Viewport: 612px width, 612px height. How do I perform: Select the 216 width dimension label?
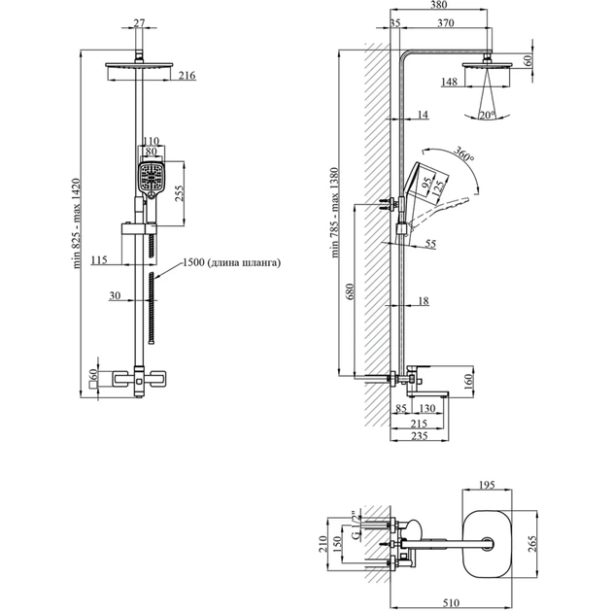[187, 75]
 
